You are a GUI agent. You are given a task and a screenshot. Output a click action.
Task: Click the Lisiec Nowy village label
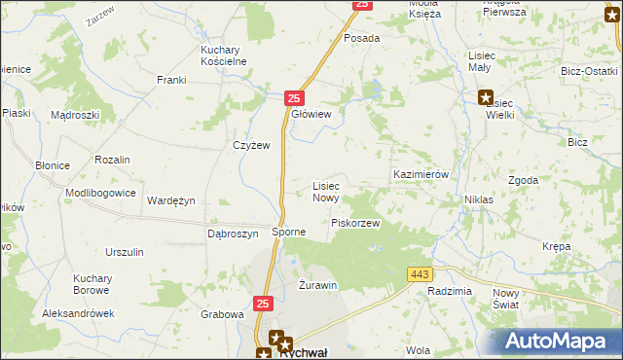click(325, 191)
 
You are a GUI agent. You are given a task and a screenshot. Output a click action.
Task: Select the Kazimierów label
click(420, 174)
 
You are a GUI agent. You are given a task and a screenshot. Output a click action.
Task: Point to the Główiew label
click(311, 115)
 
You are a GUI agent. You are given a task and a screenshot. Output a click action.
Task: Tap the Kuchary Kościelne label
click(223, 54)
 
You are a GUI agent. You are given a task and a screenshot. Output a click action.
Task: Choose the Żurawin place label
click(316, 285)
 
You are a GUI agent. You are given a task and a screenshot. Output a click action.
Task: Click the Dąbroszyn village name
click(233, 234)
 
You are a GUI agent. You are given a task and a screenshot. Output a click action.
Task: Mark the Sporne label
click(289, 233)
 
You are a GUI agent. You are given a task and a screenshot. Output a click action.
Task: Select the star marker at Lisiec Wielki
click(485, 96)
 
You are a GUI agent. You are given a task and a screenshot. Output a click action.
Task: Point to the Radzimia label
click(449, 292)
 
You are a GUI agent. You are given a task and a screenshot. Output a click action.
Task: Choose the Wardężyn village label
click(171, 200)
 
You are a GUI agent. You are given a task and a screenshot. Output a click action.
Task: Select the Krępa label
click(557, 246)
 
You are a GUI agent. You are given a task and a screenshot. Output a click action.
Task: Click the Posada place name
click(361, 38)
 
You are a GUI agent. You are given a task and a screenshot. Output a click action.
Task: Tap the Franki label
click(172, 81)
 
